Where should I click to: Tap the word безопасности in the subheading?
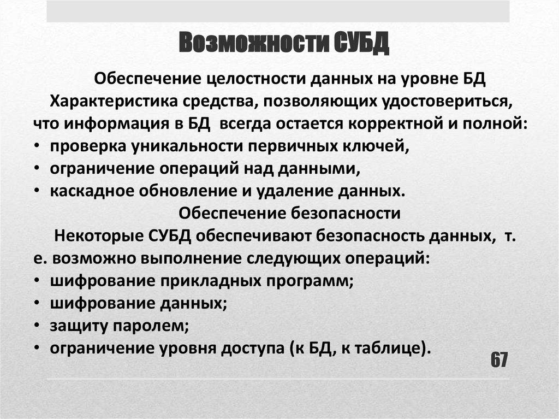[347, 213]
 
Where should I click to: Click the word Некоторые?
[99, 237]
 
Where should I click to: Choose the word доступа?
[246, 348]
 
